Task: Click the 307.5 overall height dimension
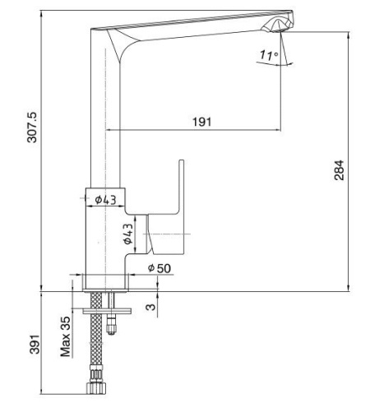(x=32, y=127)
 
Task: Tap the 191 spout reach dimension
(x=202, y=122)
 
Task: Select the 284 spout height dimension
(x=339, y=170)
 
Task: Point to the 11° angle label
(x=269, y=55)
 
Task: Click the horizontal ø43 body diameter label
(x=105, y=200)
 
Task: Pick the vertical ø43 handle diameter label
(x=128, y=234)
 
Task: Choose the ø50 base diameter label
(x=160, y=268)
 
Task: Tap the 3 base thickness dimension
(x=150, y=307)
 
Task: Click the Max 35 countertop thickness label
(x=65, y=337)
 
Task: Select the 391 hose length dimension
(x=35, y=345)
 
